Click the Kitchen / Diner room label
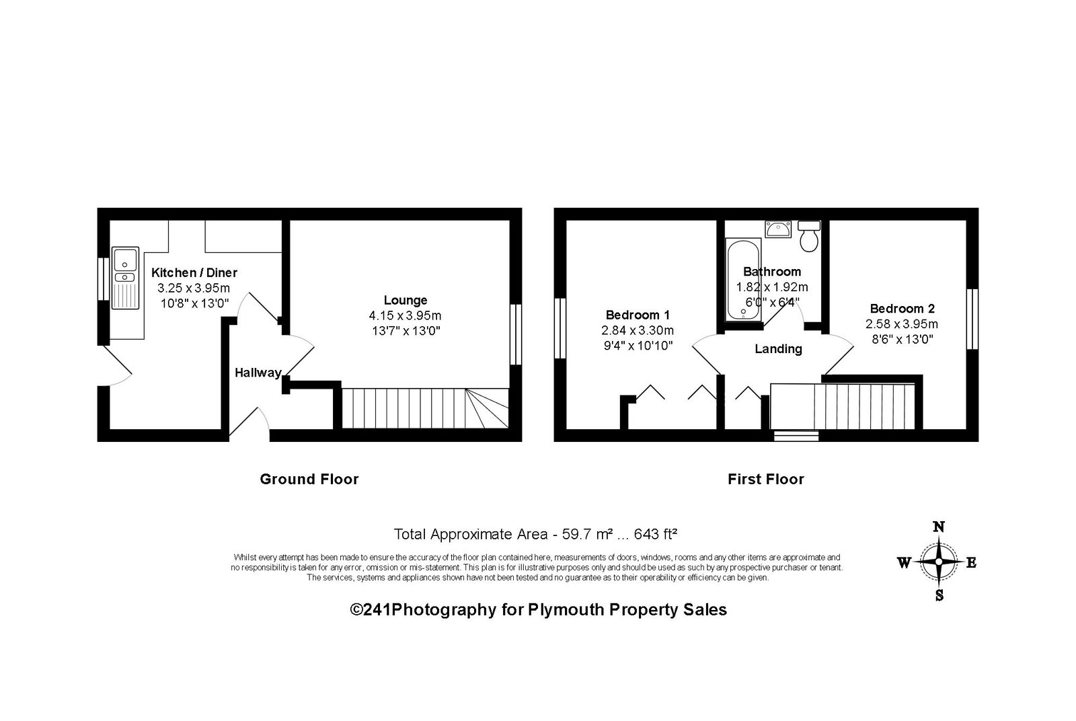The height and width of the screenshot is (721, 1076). [194, 273]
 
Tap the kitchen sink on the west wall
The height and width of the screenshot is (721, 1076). [125, 278]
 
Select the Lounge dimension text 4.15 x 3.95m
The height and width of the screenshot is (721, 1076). [405, 315]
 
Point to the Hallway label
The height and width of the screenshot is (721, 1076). [258, 373]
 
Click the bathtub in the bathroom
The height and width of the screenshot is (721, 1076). [743, 280]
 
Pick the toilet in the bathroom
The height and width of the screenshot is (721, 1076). [810, 236]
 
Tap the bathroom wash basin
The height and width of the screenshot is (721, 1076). [778, 229]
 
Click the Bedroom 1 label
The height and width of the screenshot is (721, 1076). [638, 315]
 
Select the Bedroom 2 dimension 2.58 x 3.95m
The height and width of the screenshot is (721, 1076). [902, 324]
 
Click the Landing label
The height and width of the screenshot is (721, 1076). [778, 349]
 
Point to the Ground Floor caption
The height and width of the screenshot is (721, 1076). [309, 480]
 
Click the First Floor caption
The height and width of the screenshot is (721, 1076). [766, 480]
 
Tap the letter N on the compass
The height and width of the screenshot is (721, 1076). [939, 527]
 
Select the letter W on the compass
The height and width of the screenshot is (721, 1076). [904, 562]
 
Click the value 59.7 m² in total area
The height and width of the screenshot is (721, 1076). [587, 534]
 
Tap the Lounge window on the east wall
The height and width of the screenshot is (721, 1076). [515, 334]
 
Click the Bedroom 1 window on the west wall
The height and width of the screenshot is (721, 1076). [560, 329]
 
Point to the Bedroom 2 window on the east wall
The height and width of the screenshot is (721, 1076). [972, 319]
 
